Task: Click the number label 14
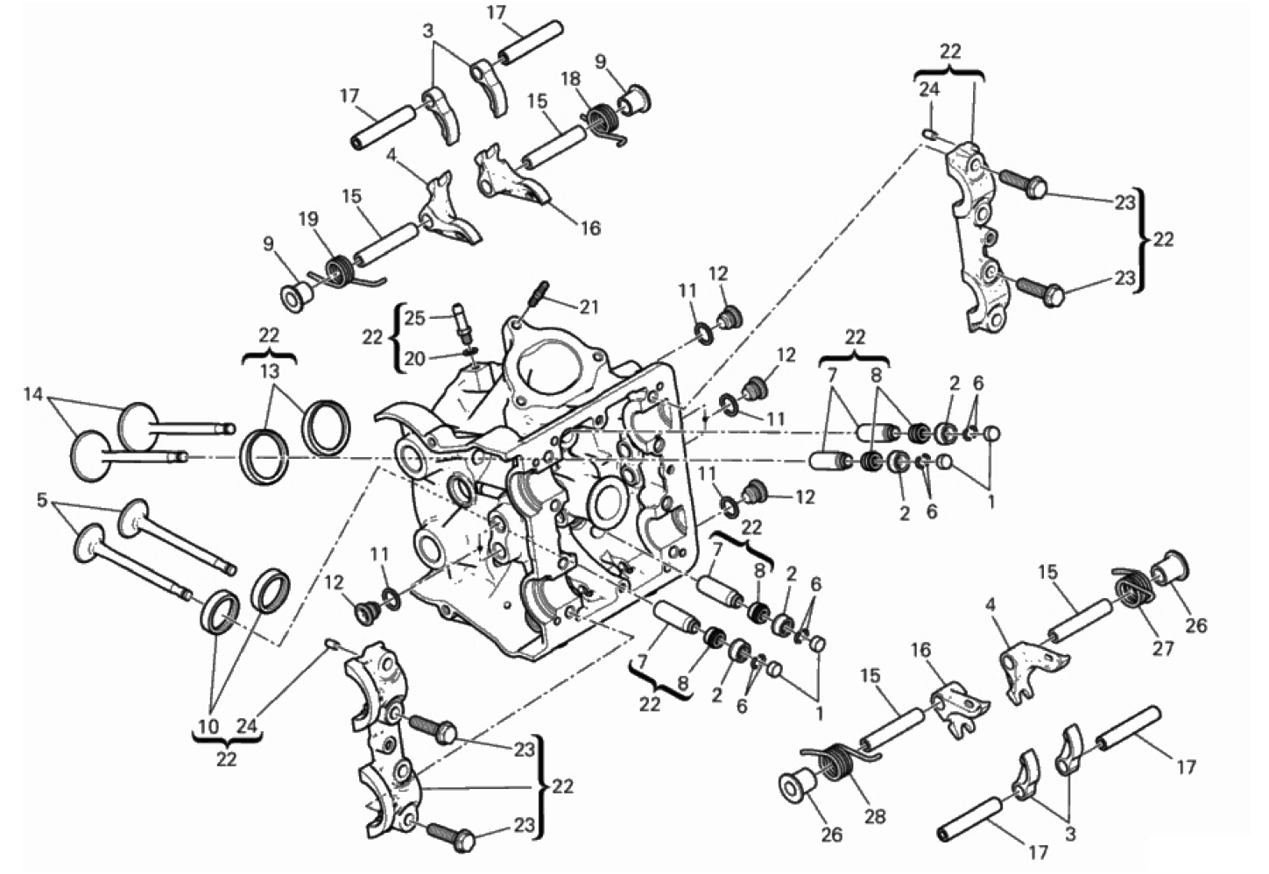[x=33, y=394]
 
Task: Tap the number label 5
[x=41, y=499]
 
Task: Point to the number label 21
[x=589, y=307]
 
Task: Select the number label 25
[x=414, y=318]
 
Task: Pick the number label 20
[x=414, y=358]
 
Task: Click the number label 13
[x=270, y=371]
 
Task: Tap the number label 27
[x=1163, y=647]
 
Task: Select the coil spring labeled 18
[x=603, y=124]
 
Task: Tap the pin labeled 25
[x=462, y=323]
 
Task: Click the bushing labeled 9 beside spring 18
[x=634, y=101]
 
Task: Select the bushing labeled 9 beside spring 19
[x=297, y=296]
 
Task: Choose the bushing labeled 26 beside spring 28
[x=798, y=786]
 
